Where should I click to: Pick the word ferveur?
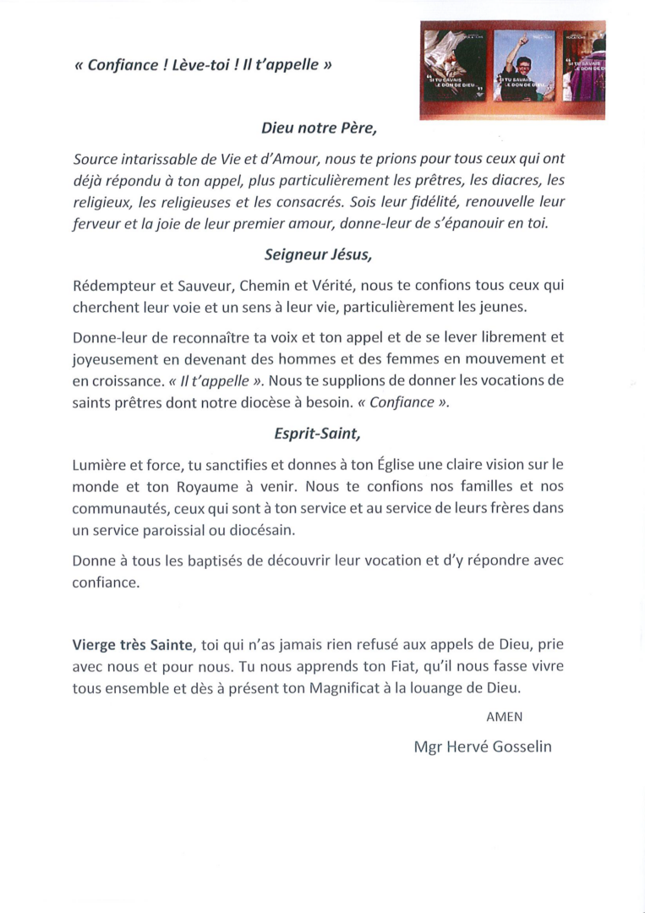[x=96, y=224]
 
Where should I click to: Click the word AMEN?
[x=505, y=716]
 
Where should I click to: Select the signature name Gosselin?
[x=517, y=746]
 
